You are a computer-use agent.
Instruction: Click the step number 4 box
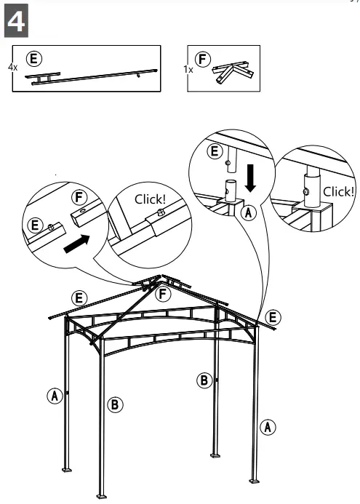click(17, 23)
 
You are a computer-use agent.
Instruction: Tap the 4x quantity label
click(12, 66)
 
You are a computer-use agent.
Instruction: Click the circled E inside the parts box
click(33, 57)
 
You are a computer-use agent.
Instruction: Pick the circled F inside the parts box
click(204, 57)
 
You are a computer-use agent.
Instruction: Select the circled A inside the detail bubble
click(248, 213)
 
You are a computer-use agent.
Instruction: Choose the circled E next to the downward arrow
click(214, 151)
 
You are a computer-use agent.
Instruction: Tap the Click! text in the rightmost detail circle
click(338, 191)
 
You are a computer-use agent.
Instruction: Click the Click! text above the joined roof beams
click(151, 199)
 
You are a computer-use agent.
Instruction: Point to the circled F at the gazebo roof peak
click(164, 295)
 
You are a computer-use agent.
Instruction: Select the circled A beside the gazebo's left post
click(53, 396)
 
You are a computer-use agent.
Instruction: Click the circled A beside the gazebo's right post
click(269, 427)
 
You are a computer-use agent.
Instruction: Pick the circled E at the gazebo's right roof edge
click(273, 316)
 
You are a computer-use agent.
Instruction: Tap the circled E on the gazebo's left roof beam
click(77, 297)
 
